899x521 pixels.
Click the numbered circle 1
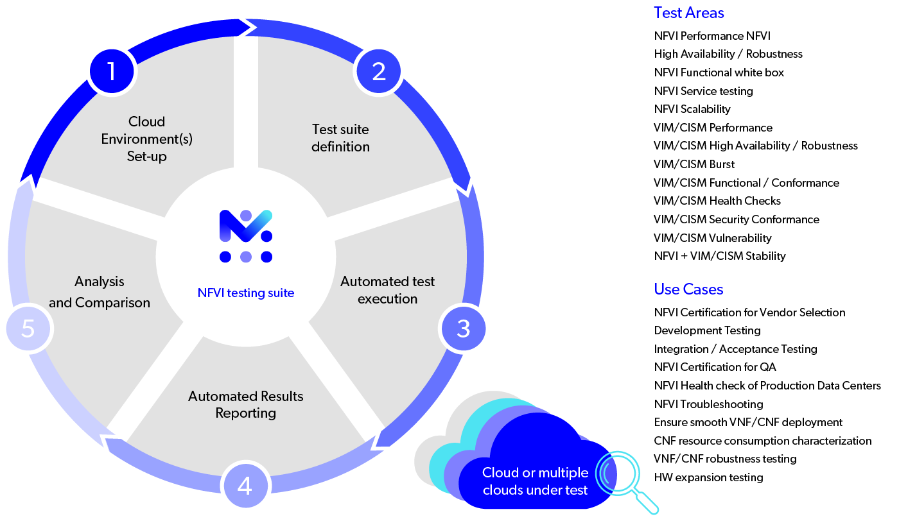point(112,71)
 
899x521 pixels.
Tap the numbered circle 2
point(379,71)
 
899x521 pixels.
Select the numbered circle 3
point(464,329)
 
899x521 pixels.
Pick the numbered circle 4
point(245,486)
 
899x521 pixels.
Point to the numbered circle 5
point(28,329)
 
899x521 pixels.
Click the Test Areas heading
point(688,13)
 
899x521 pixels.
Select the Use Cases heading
point(688,289)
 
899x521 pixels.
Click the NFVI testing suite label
point(246,293)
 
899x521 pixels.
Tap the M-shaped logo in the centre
point(246,235)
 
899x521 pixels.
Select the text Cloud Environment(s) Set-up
point(146,139)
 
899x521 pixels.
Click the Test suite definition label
point(340,138)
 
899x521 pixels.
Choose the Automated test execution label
point(387,290)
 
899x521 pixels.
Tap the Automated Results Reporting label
point(246,404)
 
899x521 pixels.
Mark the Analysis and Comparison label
point(100,292)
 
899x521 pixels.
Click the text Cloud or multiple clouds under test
point(535,481)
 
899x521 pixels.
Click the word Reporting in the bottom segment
point(246,413)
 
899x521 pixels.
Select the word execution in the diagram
point(387,299)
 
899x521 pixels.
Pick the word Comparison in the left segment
point(112,303)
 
